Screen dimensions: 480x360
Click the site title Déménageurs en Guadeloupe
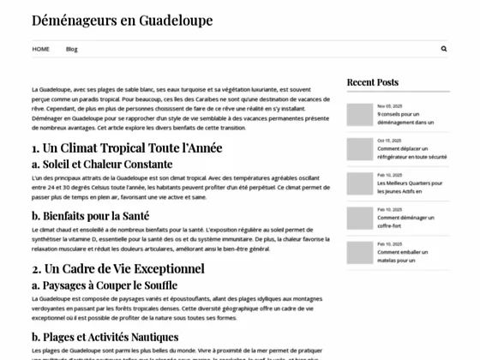point(123,20)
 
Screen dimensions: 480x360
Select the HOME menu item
point(41,49)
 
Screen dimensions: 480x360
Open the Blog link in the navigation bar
point(71,49)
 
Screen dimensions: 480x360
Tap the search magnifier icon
point(443,49)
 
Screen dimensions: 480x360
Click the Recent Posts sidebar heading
point(372,82)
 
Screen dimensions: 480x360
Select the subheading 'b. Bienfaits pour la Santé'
point(90,215)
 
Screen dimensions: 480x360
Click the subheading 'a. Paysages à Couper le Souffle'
point(105,285)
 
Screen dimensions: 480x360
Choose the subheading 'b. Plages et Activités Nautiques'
point(105,337)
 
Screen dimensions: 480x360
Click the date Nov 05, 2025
point(388,106)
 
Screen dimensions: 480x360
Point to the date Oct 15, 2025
point(388,141)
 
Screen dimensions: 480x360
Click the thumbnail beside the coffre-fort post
point(357,216)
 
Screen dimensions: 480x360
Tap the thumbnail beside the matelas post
point(357,250)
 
